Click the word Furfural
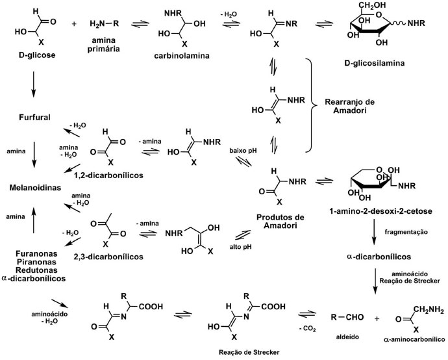(32, 117)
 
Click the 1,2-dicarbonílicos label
(116, 175)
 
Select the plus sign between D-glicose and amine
(73, 24)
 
